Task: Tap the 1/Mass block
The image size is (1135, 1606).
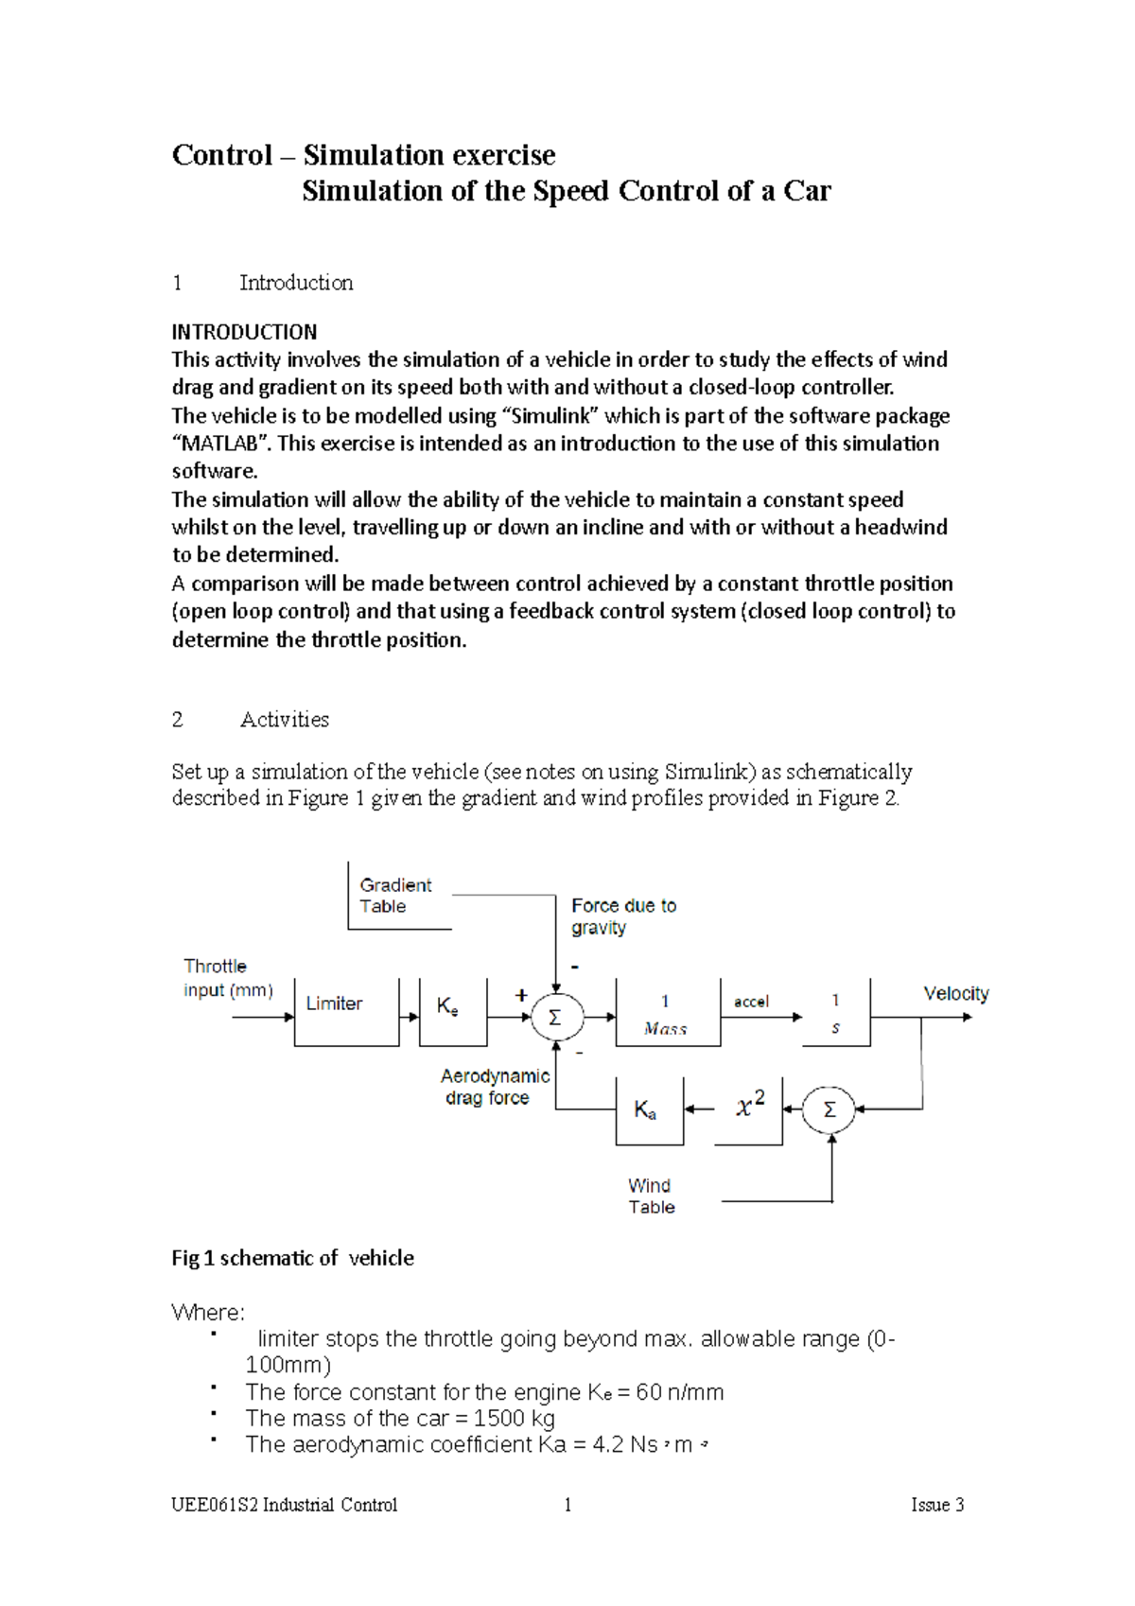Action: [x=667, y=1014]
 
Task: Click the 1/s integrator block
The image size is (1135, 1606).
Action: [x=835, y=1014]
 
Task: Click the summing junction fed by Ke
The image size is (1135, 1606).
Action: [x=556, y=1018]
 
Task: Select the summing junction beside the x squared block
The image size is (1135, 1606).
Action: [x=829, y=1109]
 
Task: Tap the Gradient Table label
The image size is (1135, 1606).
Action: [x=395, y=896]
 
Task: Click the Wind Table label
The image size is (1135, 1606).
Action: [x=651, y=1196]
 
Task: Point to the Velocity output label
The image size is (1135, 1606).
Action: [x=955, y=993]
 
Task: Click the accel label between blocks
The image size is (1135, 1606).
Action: [x=751, y=1002]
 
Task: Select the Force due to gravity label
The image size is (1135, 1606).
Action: [x=622, y=916]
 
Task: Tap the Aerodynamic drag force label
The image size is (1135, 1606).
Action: [x=494, y=1087]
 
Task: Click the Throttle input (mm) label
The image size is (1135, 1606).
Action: [x=227, y=978]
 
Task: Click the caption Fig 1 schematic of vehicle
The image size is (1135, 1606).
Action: [x=292, y=1258]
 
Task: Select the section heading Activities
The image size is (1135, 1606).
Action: [x=284, y=720]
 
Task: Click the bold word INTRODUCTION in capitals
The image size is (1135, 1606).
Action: [x=244, y=332]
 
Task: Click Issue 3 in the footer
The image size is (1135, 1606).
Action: [x=936, y=1505]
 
